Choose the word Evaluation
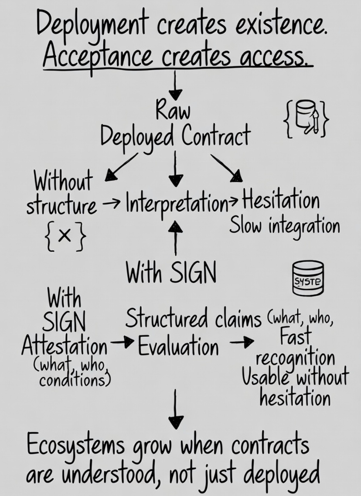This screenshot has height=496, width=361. [178, 347]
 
